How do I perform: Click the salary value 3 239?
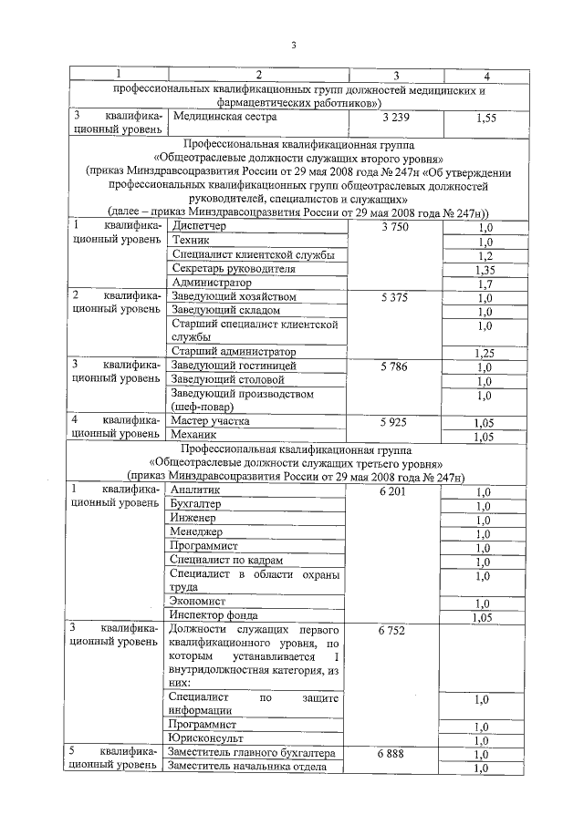tap(396, 118)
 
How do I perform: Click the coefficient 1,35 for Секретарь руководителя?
tap(485, 270)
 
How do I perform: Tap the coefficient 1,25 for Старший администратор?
tap(485, 352)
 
